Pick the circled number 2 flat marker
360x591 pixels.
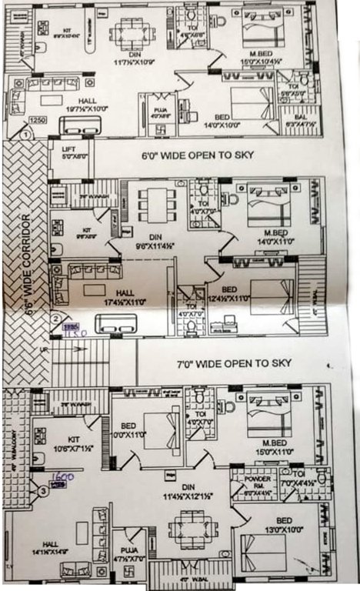[55, 317]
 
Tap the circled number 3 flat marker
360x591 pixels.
[44, 489]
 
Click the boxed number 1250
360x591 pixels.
[38, 121]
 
